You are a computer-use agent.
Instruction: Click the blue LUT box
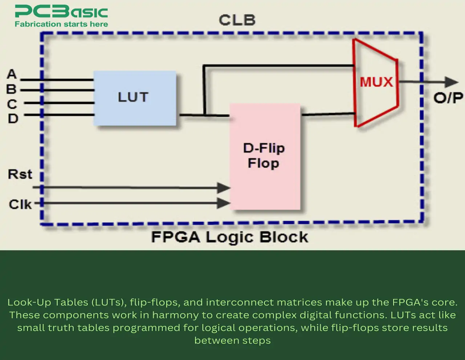135,98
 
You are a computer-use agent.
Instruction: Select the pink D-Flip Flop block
265,156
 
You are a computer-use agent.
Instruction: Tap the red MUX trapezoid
376,82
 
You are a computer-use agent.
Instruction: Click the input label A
12,74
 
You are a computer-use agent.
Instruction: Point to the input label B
11,89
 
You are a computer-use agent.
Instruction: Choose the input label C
12,104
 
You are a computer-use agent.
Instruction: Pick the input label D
13,119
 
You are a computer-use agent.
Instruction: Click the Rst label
20,174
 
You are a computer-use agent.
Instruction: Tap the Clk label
20,205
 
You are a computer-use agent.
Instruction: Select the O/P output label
448,98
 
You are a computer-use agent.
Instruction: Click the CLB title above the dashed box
237,20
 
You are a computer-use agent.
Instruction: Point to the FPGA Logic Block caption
230,237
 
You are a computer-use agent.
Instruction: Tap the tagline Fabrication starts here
61,24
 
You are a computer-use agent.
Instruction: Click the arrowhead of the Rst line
224,188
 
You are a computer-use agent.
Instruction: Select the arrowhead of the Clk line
224,203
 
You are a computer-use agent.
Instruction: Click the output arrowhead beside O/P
452,82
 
